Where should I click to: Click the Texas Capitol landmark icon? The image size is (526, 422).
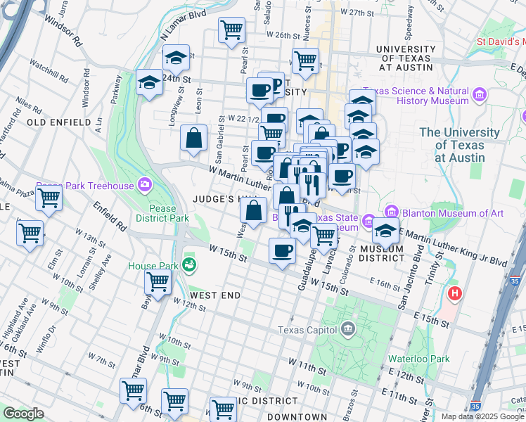tap(348, 329)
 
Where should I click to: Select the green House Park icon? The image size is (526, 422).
tap(188, 265)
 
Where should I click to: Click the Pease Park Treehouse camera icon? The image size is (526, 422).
tap(145, 185)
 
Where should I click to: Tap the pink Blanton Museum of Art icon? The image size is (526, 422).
tap(392, 212)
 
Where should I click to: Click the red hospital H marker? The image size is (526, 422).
tap(455, 293)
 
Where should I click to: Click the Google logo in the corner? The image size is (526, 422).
tap(23, 414)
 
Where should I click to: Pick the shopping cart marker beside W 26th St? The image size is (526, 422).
tap(231, 30)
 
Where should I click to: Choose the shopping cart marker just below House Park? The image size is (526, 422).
tap(158, 283)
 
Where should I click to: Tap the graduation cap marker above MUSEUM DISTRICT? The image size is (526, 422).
tap(385, 230)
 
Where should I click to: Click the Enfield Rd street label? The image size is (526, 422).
tap(111, 217)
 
